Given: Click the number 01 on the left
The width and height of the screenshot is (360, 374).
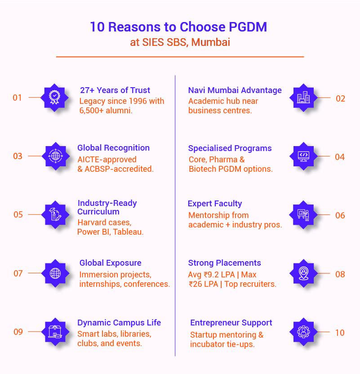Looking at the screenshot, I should tap(17, 98).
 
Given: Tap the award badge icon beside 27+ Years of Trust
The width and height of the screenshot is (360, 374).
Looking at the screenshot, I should tap(55, 97).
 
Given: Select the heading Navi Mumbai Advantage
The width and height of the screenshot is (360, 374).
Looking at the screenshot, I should tap(235, 90).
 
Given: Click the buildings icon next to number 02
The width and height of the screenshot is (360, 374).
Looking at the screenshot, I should tap(304, 98).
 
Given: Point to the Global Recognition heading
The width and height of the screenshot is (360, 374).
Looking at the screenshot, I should tap(113, 148).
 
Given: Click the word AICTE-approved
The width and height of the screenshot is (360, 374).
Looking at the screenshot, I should tap(107, 160).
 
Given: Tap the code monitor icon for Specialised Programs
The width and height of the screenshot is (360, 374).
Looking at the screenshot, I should tap(304, 156).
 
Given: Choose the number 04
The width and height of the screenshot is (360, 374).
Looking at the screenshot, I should tap(340, 157).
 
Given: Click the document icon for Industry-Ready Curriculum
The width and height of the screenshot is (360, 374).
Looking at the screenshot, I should tap(56, 214).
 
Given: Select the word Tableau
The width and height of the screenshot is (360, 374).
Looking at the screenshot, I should tap(129, 232).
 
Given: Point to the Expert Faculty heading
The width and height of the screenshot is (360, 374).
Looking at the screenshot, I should tap(215, 204).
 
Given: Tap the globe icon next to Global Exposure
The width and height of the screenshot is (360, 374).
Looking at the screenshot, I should tap(55, 273).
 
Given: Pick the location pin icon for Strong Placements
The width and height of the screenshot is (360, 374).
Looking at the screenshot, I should tap(304, 273).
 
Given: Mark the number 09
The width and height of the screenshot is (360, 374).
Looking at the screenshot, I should tap(18, 332).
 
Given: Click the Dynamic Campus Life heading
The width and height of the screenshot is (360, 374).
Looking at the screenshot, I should tap(119, 323).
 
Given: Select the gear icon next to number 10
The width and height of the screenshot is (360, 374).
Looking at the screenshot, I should tap(304, 331).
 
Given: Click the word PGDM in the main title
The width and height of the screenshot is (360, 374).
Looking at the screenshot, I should tap(248, 27).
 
